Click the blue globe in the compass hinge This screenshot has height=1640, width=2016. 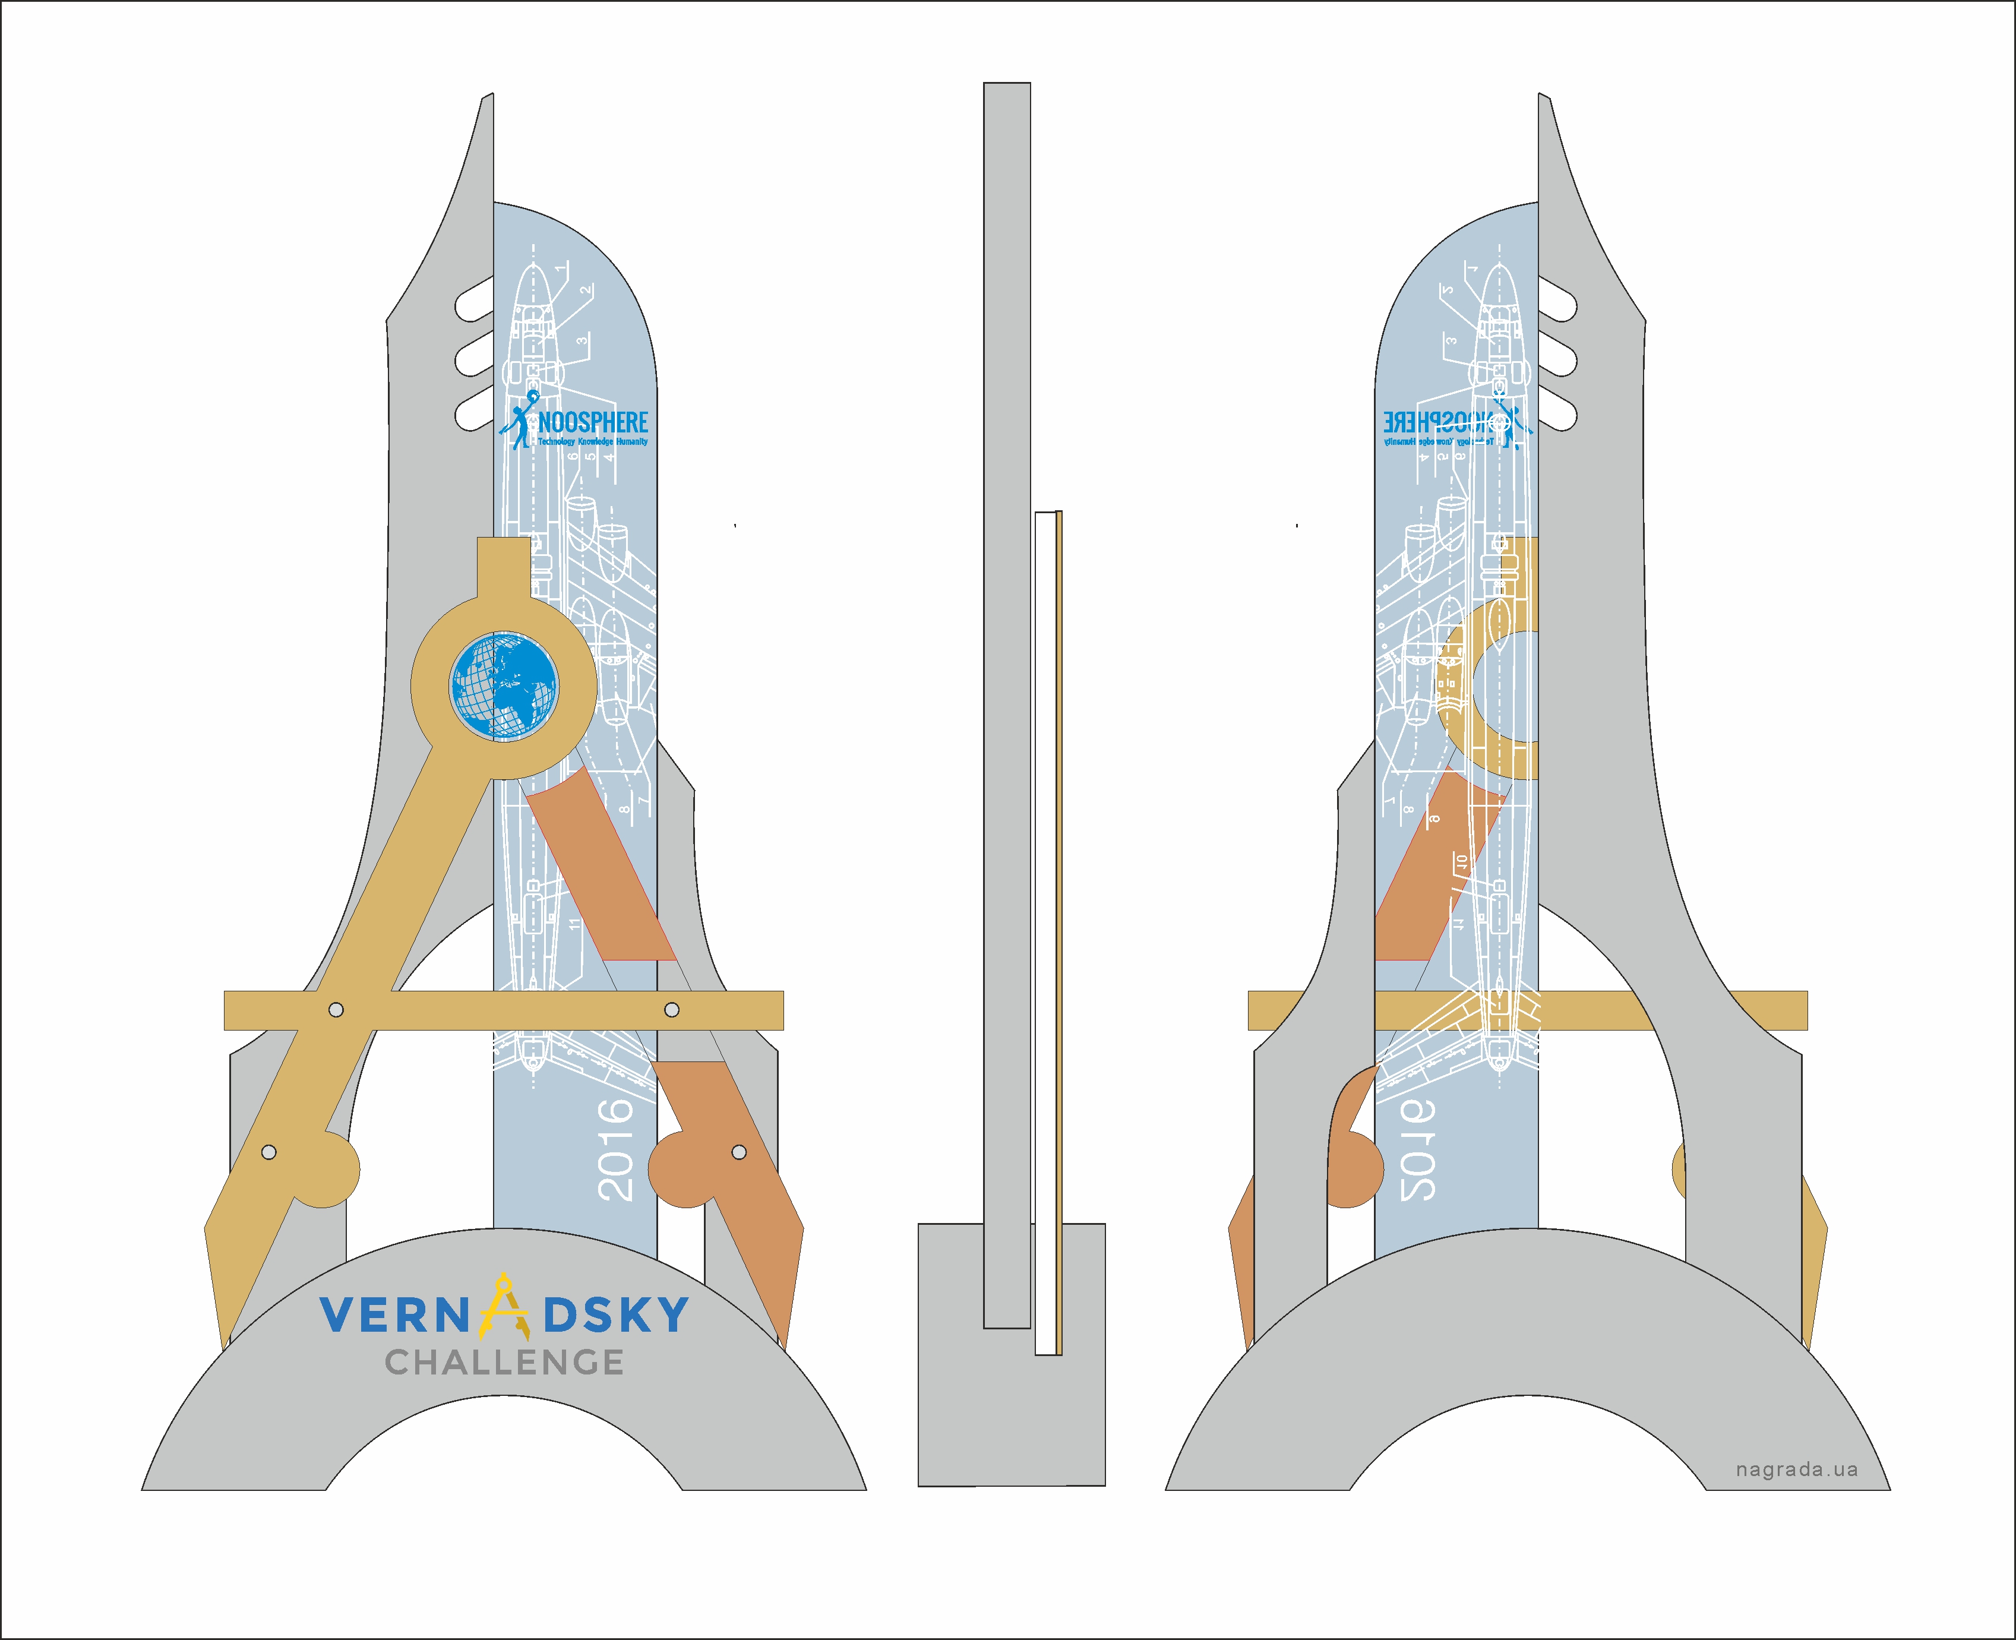click(504, 687)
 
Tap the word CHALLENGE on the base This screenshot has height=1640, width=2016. click(504, 1362)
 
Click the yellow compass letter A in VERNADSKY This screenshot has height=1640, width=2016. click(504, 1309)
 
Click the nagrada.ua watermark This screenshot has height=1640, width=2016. click(1796, 1470)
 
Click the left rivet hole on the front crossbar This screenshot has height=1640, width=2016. click(336, 1010)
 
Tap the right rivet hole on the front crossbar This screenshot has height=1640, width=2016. click(672, 1010)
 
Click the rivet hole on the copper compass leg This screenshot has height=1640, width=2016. click(739, 1152)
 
